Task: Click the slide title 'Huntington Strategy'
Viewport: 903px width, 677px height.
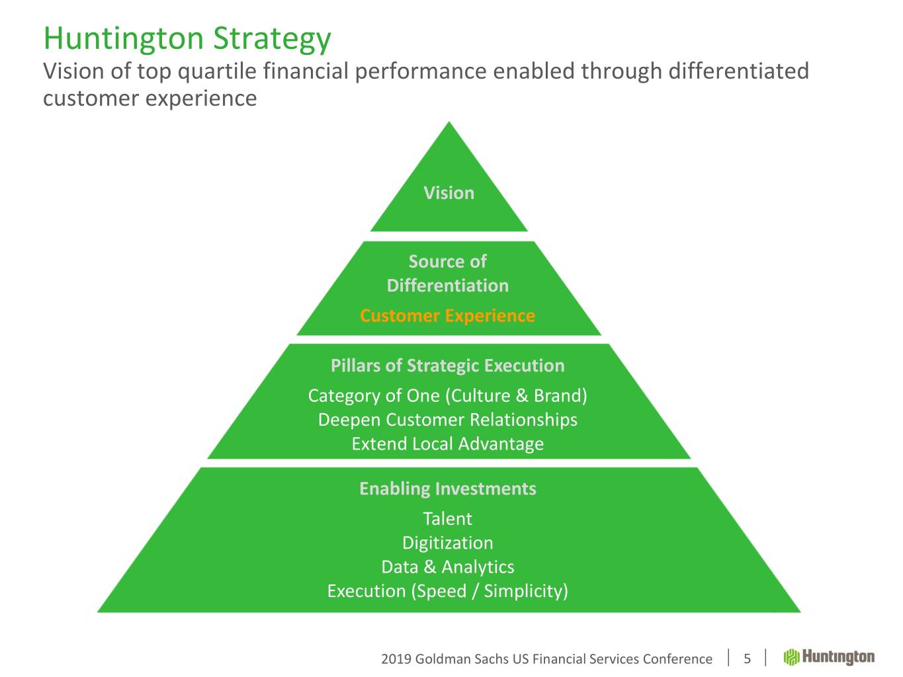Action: tap(187, 40)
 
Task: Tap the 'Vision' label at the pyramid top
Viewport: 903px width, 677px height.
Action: tap(449, 193)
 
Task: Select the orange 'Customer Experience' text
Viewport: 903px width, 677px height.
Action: tap(448, 315)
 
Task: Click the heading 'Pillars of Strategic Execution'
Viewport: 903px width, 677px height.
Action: tap(448, 366)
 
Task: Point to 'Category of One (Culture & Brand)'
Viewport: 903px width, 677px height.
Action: tap(448, 396)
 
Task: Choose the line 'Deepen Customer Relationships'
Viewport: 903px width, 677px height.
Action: tap(448, 420)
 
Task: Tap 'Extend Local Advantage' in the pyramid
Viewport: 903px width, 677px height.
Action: tap(448, 444)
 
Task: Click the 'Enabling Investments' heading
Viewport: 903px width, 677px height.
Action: tap(448, 489)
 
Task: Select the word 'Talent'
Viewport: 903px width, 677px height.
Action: tap(448, 519)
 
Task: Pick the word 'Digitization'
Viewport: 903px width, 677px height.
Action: tap(448, 543)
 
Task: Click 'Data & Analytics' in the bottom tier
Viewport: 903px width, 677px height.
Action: tap(448, 567)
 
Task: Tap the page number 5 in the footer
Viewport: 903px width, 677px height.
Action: tap(747, 659)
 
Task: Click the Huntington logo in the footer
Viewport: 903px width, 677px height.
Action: tap(828, 657)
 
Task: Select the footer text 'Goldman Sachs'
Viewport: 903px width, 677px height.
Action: tap(462, 659)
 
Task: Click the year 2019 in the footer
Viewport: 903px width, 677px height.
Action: tap(396, 659)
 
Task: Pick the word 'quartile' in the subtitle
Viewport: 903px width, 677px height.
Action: tap(217, 71)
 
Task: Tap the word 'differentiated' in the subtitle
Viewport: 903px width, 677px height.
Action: tap(738, 71)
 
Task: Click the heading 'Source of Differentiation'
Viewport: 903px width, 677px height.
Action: tap(448, 273)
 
